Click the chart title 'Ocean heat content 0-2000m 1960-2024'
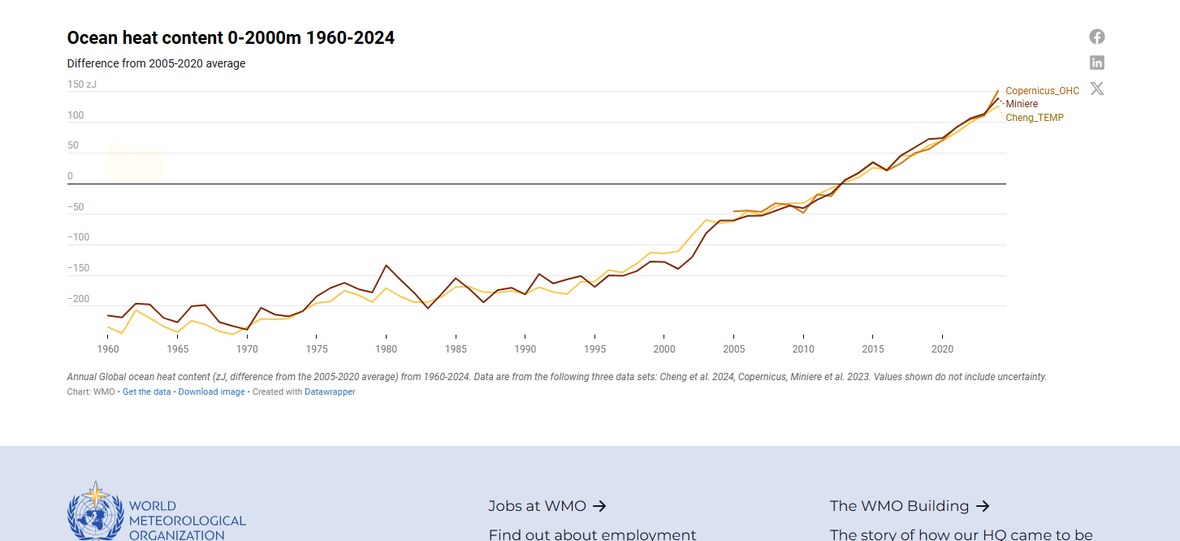(231, 37)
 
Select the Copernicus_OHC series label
(1042, 91)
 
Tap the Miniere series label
(1022, 104)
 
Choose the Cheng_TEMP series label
(1035, 118)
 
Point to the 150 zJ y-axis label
(81, 84)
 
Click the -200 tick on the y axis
(77, 299)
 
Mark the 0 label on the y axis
(70, 176)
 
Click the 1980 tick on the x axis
(386, 348)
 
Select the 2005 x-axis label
(733, 348)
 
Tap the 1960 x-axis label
(108, 348)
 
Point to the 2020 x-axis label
(942, 348)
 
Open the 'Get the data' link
(146, 392)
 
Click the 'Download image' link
(211, 392)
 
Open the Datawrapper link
(330, 392)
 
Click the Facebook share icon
(1097, 37)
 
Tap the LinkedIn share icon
(1097, 63)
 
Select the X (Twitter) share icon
(1097, 89)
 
